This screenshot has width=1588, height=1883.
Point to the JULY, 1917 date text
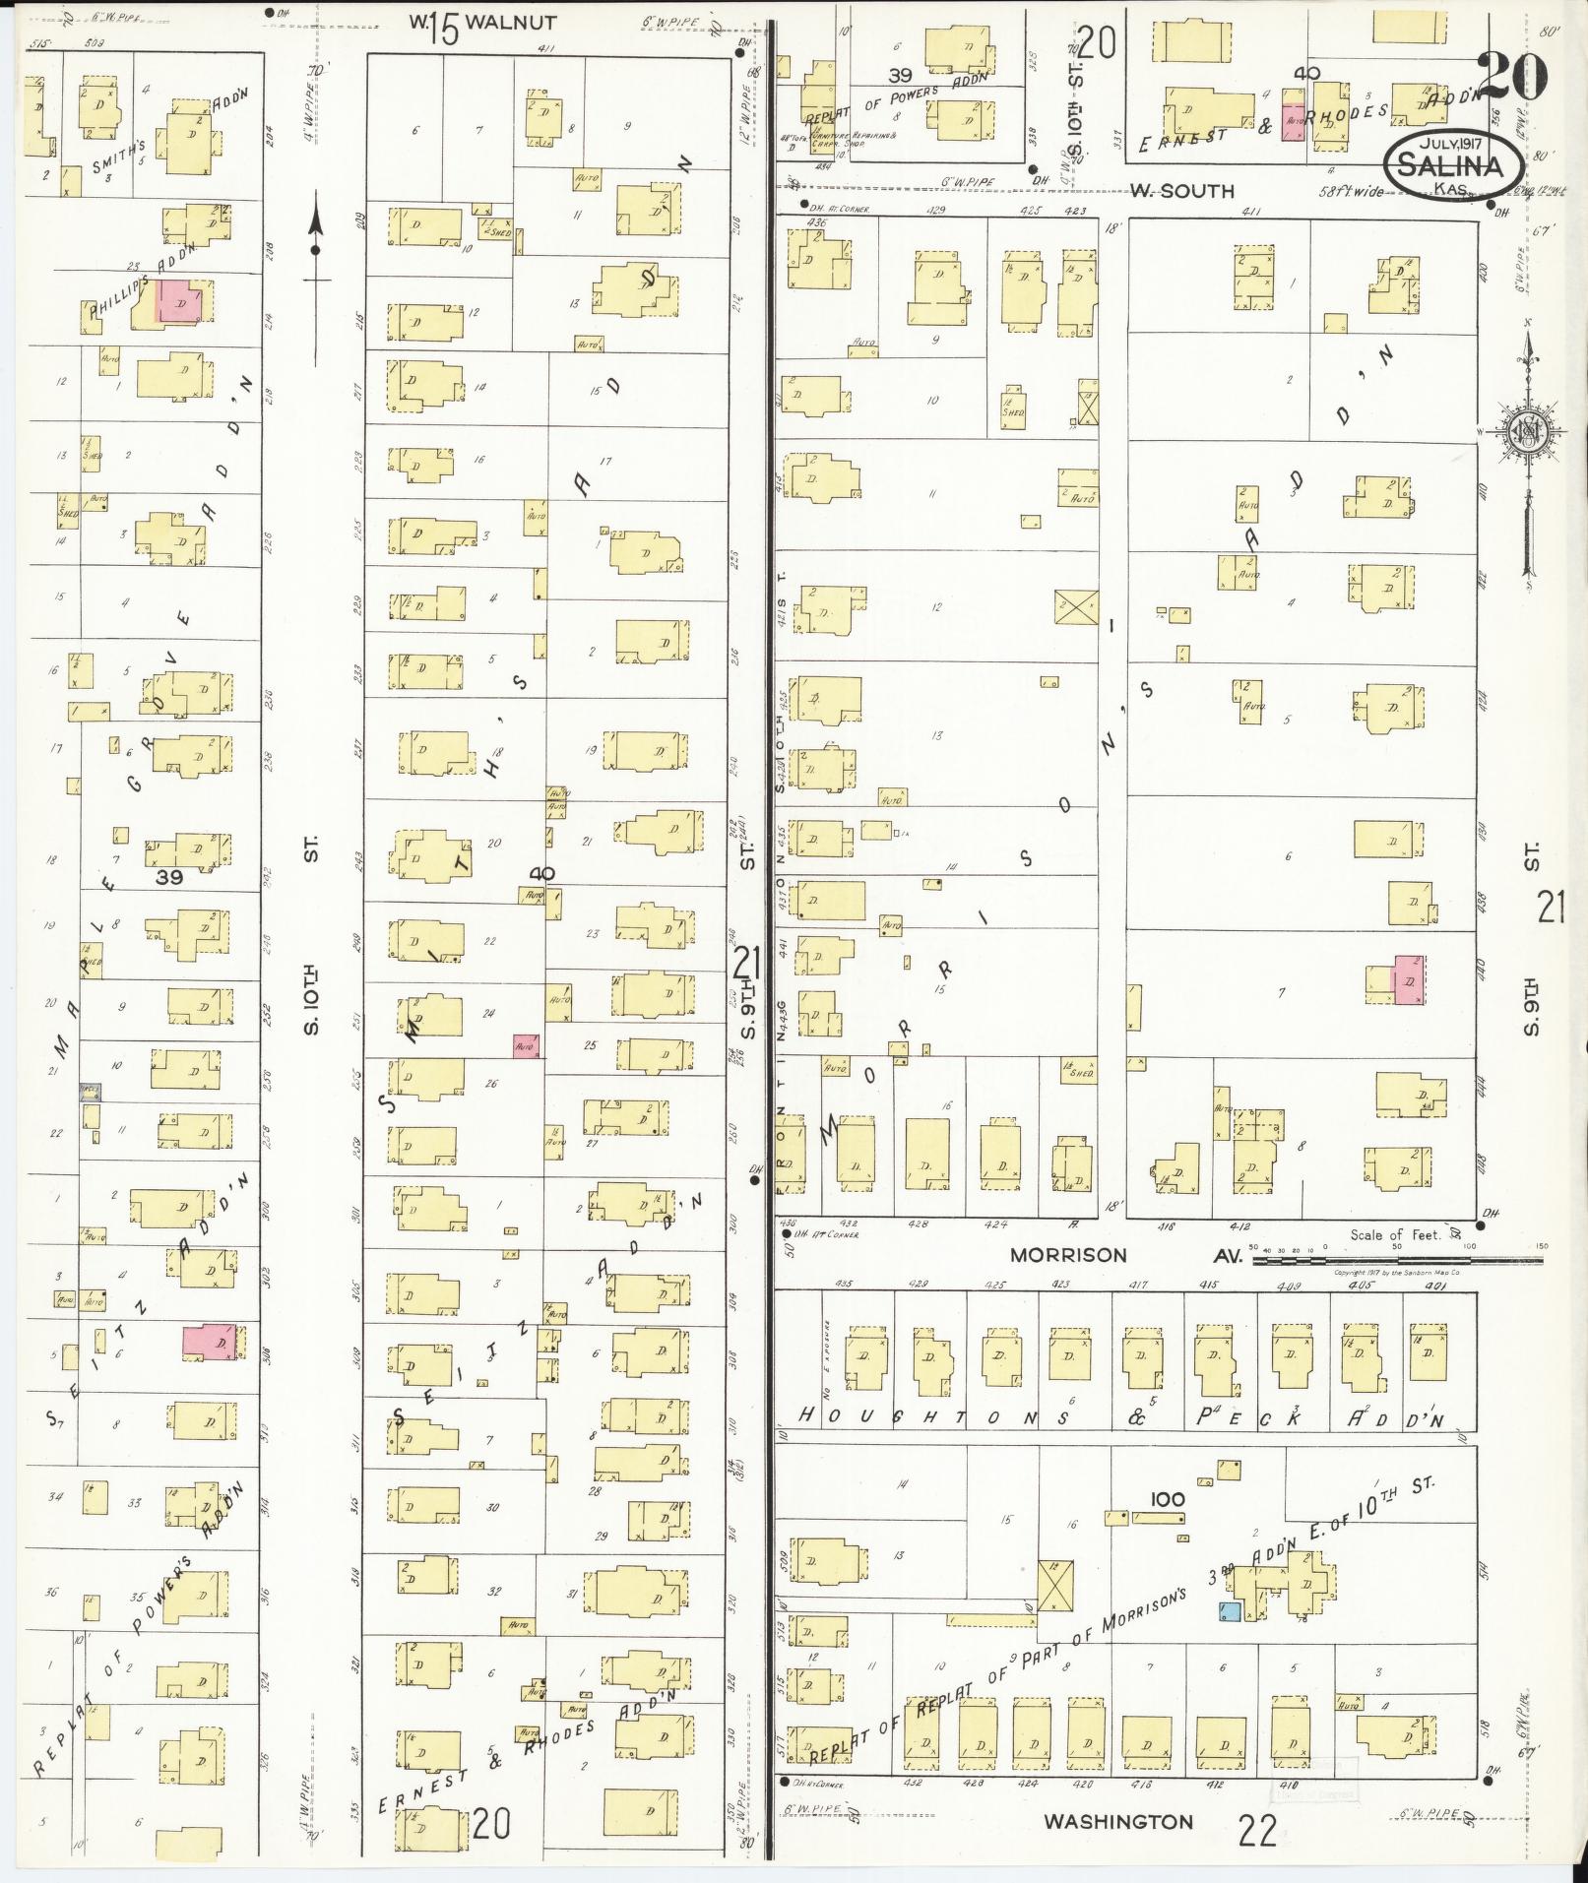click(x=1445, y=143)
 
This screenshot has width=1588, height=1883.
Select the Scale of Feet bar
click(x=1398, y=1258)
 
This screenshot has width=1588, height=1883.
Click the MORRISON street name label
click(x=1068, y=1255)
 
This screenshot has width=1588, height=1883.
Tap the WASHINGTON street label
click(x=1118, y=1822)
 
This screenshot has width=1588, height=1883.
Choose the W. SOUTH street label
click(x=1181, y=190)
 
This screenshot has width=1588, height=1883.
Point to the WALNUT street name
click(x=510, y=23)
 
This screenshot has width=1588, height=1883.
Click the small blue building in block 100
click(x=1229, y=1611)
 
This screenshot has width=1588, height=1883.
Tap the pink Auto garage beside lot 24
click(x=526, y=1046)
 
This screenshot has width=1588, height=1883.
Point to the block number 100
click(x=1167, y=1499)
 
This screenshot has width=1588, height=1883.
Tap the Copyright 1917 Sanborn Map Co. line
click(x=1397, y=1273)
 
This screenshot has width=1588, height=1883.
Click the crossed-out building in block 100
click(x=1055, y=1586)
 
